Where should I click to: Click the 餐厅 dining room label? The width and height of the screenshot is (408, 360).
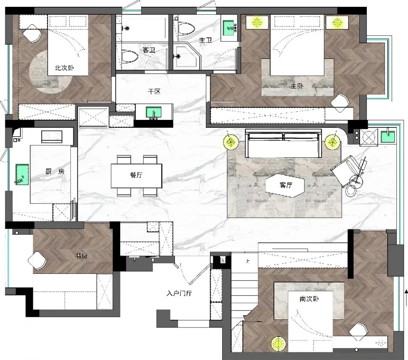(x=136, y=175)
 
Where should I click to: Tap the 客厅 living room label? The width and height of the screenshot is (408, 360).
(x=286, y=185)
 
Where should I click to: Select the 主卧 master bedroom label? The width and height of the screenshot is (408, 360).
(x=297, y=86)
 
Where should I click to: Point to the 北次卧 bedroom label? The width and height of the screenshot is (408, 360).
(x=64, y=68)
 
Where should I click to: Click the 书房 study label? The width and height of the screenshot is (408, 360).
(x=81, y=256)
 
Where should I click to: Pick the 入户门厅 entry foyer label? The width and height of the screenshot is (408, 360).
(x=179, y=293)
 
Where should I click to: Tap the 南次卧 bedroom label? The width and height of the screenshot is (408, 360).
(x=309, y=299)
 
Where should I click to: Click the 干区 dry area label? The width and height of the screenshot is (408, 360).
(x=154, y=92)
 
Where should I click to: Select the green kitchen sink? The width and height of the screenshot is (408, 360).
(x=22, y=174)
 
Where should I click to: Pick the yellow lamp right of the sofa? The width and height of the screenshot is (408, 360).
(x=332, y=142)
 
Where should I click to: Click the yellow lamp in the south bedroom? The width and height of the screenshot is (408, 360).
(x=278, y=344)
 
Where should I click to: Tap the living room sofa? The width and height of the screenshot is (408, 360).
(x=283, y=144)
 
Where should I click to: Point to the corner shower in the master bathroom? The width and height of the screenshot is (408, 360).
(x=187, y=56)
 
